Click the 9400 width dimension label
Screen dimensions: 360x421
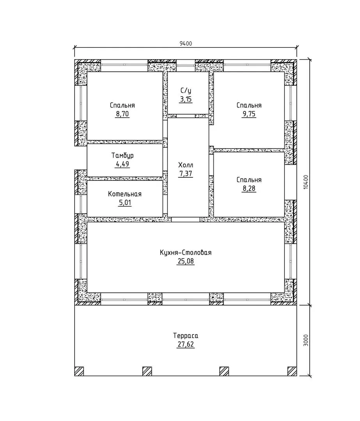pyautogui.click(x=186, y=44)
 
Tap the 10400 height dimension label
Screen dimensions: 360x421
pyautogui.click(x=306, y=182)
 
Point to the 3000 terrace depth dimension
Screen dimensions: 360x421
pyautogui.click(x=306, y=340)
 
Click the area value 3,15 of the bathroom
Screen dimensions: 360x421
pyautogui.click(x=186, y=99)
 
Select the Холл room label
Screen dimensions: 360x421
pyautogui.click(x=186, y=165)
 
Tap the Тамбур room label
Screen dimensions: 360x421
pyautogui.click(x=122, y=156)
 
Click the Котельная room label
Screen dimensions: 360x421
pyautogui.click(x=125, y=194)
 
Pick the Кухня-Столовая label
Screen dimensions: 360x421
pyautogui.click(x=186, y=253)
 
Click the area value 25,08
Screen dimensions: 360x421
pyautogui.click(x=186, y=261)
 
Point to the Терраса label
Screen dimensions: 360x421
pyautogui.click(x=186, y=336)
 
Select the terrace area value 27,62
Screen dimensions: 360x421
pyautogui.click(x=186, y=344)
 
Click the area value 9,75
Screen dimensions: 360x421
pyautogui.click(x=249, y=114)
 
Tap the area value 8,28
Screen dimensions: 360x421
pyautogui.click(x=249, y=189)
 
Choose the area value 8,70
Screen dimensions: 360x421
pyautogui.click(x=122, y=114)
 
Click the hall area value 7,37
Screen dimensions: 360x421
pyautogui.click(x=186, y=174)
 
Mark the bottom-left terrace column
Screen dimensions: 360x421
pyautogui.click(x=79, y=371)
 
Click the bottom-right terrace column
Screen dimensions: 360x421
pyautogui.click(x=292, y=371)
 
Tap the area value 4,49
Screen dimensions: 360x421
pyautogui.click(x=122, y=164)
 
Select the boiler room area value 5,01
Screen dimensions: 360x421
pyautogui.click(x=125, y=202)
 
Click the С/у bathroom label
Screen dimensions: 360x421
pyautogui.click(x=186, y=90)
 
